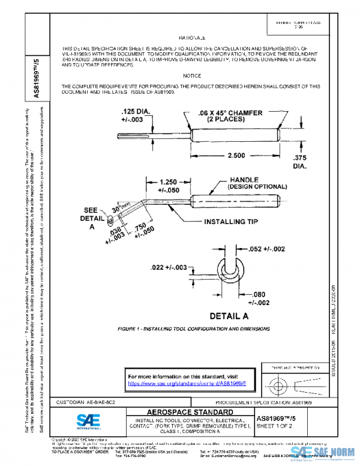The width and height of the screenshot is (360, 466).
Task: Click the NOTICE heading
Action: [x=192, y=76]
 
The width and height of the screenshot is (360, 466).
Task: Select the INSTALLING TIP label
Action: [x=231, y=221]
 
